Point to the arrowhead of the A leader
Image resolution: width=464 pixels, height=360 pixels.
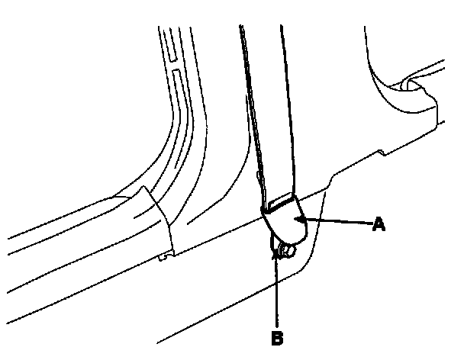pos(301,220)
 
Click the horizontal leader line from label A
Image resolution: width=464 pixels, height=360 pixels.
pos(336,222)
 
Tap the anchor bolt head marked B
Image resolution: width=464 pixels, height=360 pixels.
pos(288,251)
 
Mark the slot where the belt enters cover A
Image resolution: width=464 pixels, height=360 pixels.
pos(281,203)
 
